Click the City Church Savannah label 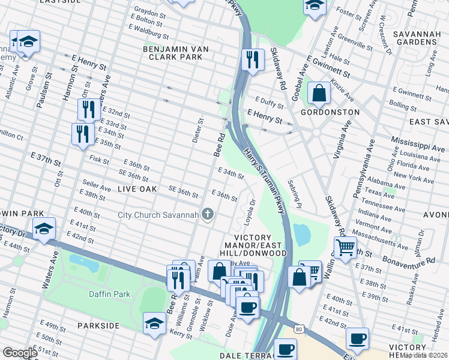[x=157, y=215]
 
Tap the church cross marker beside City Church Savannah [x=208, y=215]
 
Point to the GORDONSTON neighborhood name [x=330, y=112]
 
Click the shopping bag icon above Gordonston [x=319, y=93]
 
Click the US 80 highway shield [x=299, y=328]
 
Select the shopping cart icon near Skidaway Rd [x=345, y=247]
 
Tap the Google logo [x=20, y=353]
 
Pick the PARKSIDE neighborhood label [x=98, y=325]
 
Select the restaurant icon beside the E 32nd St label [x=88, y=109]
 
